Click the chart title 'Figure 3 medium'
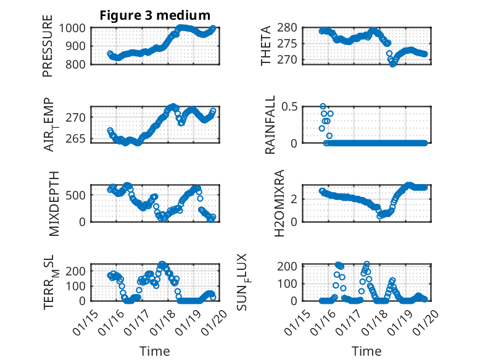(155, 15)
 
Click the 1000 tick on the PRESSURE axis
(75, 28)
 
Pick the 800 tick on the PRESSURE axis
(78, 64)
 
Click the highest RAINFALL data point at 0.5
(323, 106)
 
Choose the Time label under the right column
(366, 351)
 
